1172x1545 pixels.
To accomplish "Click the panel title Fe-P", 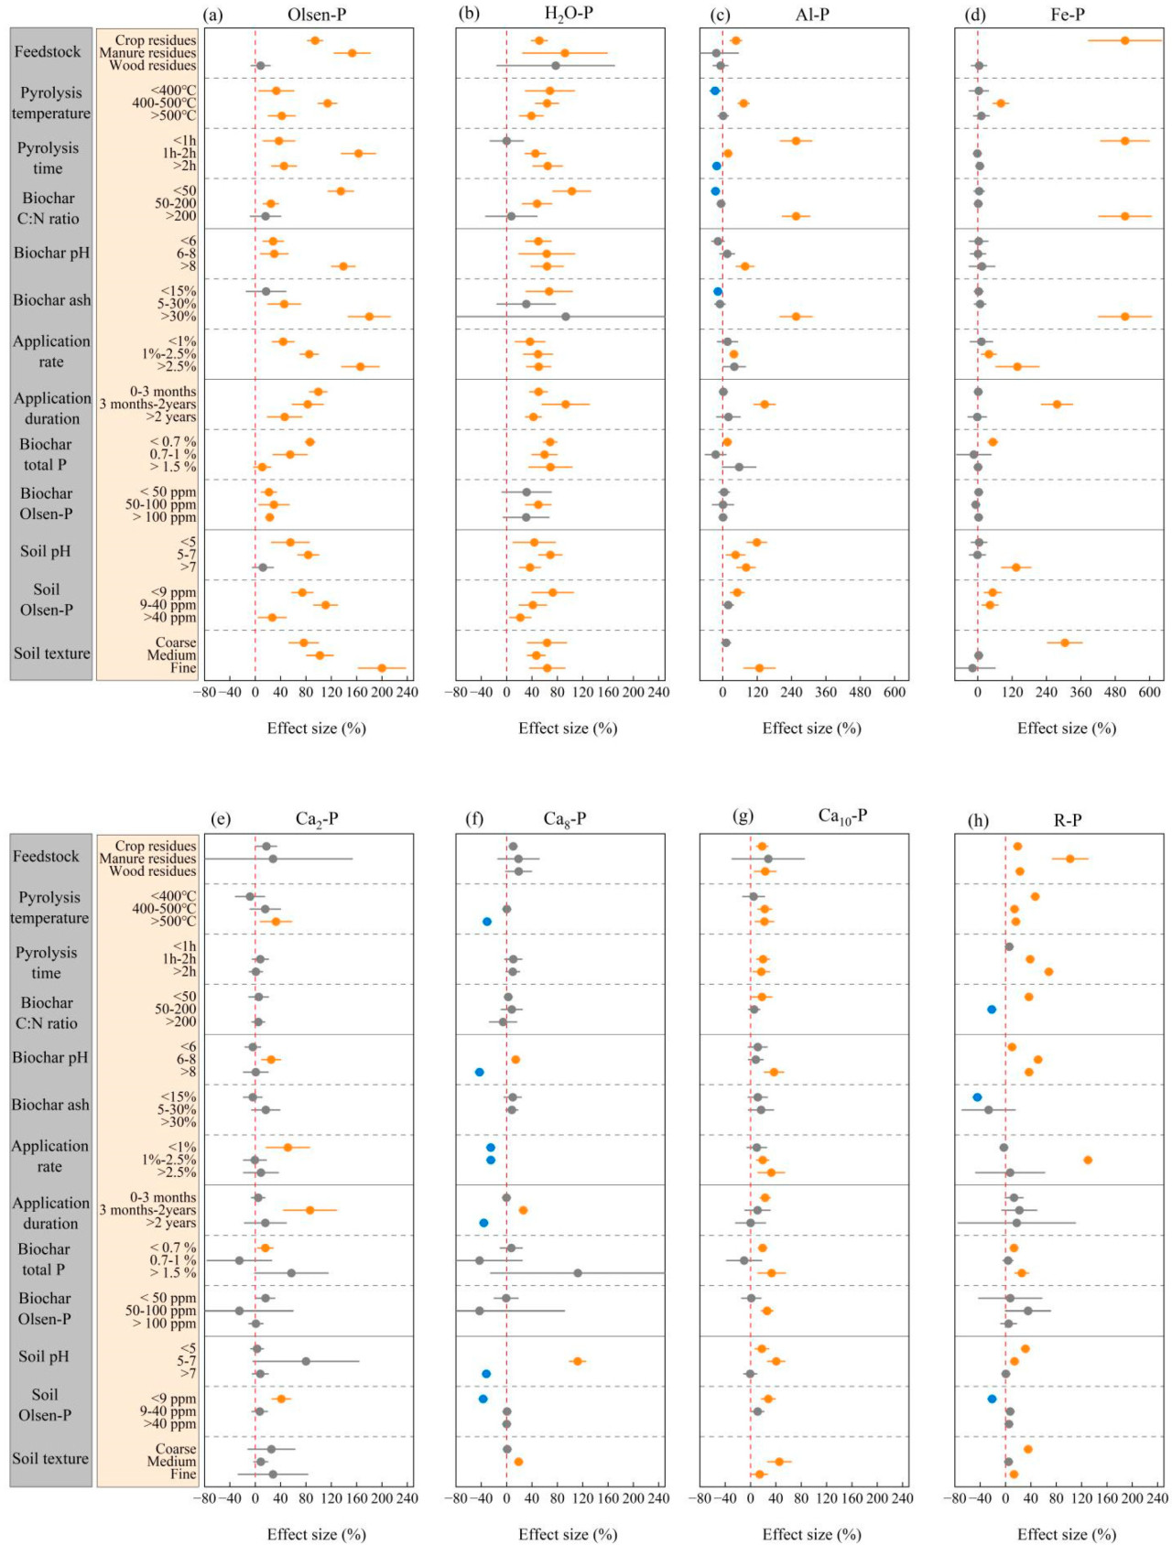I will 1068,15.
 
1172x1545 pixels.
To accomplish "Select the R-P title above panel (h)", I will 1068,820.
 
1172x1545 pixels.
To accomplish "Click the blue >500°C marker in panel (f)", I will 487,922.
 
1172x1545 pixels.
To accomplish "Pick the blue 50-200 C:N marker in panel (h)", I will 992,1010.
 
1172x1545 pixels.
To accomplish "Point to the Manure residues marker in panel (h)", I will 1069,859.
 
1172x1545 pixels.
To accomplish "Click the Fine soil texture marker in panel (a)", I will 382,668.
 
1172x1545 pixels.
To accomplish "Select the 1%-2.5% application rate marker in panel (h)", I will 1088,1160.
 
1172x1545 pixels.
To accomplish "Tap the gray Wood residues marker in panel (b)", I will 556,66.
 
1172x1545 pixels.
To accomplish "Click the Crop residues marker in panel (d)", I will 1125,40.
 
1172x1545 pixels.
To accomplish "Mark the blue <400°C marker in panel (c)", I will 715,91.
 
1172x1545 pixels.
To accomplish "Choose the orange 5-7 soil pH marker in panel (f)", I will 577,1361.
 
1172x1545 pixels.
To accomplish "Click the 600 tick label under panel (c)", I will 895,693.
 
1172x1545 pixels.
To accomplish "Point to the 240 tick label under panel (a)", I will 406,693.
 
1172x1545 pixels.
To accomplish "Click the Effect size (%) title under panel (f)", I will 568,1534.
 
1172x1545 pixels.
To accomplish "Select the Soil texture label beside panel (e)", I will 50,1458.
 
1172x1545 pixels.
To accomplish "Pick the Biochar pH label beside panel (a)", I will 51,253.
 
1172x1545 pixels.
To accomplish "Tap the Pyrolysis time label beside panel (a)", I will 48,157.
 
